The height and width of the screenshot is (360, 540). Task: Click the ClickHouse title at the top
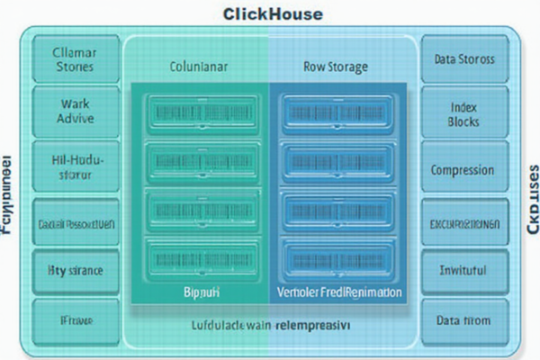[x=271, y=14]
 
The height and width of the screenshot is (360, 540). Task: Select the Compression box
[x=463, y=169]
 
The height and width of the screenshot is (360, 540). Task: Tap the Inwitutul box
[x=463, y=269]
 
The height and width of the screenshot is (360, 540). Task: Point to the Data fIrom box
[x=463, y=319]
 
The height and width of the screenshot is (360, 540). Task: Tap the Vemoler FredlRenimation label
[x=339, y=294]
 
